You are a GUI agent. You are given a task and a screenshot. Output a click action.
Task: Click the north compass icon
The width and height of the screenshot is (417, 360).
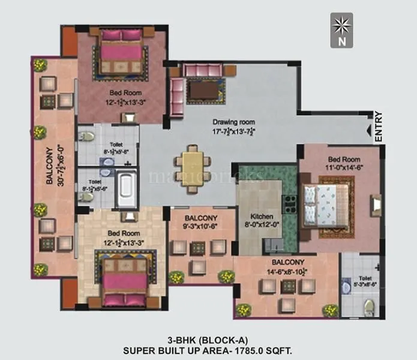coord(341,30)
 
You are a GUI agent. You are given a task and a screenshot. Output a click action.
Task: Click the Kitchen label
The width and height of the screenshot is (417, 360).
coord(262,217)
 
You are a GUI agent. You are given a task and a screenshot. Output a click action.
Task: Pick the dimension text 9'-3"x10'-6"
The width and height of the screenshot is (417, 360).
coord(200,227)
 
